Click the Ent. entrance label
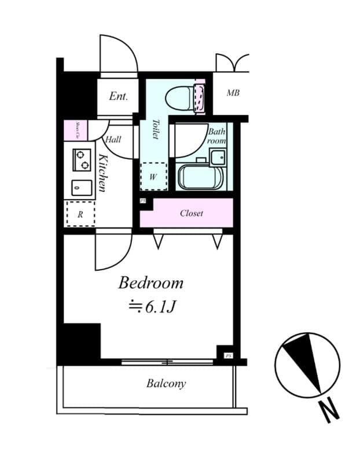point(118,96)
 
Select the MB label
point(233,93)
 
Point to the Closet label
point(191,213)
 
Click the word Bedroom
point(150,283)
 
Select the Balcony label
point(166,383)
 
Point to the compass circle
point(307,365)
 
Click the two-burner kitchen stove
point(82,160)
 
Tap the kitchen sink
point(82,188)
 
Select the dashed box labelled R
point(80,214)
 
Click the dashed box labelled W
point(153,177)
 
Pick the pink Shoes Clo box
point(75,130)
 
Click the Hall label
point(113,139)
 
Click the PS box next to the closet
point(143,201)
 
